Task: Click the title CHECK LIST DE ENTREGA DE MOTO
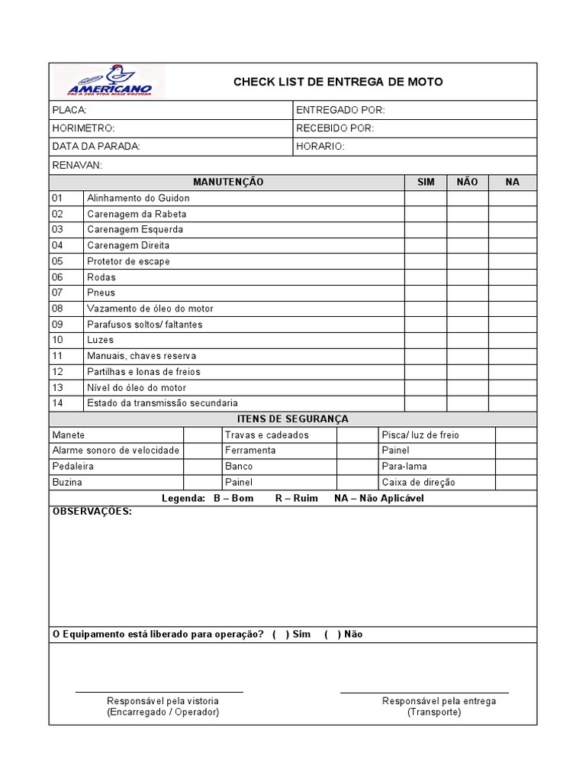click(x=337, y=82)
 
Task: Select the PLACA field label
click(x=64, y=111)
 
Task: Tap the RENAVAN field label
click(x=77, y=166)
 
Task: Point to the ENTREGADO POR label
click(x=340, y=111)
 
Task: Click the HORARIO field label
click(x=320, y=146)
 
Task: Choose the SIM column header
click(x=426, y=182)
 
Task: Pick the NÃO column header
click(x=467, y=182)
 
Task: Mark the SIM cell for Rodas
click(x=426, y=277)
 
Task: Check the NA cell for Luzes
click(x=513, y=340)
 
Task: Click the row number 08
click(x=57, y=309)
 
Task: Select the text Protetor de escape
click(x=128, y=261)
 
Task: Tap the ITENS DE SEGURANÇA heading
click(x=293, y=418)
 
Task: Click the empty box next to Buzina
click(x=202, y=483)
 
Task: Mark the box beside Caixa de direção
click(x=516, y=483)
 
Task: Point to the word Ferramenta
click(x=250, y=451)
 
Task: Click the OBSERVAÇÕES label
click(x=92, y=512)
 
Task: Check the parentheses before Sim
click(x=280, y=634)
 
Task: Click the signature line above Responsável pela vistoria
click(x=159, y=692)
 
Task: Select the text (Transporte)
click(x=433, y=712)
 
